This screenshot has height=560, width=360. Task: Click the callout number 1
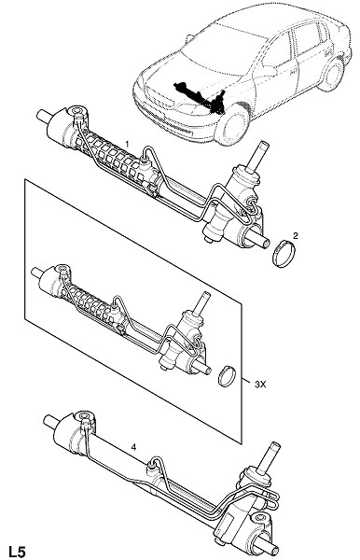click(x=127, y=144)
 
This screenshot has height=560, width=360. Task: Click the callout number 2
click(x=296, y=235)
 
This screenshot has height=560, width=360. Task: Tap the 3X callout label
click(x=260, y=385)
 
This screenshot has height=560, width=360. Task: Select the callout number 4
click(x=133, y=447)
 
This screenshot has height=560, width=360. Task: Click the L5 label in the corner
click(x=17, y=551)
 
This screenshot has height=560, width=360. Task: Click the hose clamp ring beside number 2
click(x=284, y=254)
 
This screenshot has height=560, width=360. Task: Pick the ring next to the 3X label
click(x=228, y=375)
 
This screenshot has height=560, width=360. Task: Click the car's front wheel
click(x=232, y=125)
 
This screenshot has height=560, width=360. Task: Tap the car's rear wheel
click(x=331, y=75)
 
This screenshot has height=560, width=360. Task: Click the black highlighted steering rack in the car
click(x=201, y=96)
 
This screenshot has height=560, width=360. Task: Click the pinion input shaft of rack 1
click(x=259, y=157)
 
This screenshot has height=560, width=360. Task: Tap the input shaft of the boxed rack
click(x=201, y=302)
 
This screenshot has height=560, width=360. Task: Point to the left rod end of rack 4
click(x=49, y=422)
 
